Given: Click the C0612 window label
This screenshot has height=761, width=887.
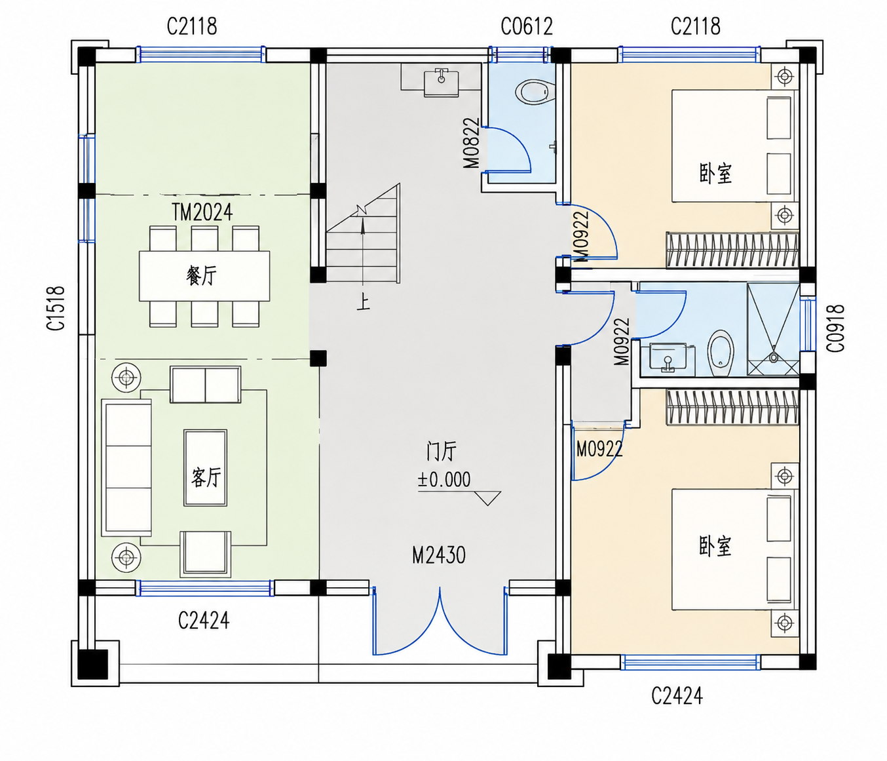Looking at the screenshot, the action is click(x=527, y=27).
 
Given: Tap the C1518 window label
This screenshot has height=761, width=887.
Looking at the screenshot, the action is click(x=56, y=308).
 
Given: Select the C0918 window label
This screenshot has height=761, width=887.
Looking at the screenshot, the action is click(x=835, y=328).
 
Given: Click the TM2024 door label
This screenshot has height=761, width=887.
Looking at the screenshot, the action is click(x=202, y=212).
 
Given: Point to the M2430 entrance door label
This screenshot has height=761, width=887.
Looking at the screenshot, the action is click(x=438, y=555).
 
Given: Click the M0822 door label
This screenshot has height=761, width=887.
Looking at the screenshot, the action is click(x=471, y=143).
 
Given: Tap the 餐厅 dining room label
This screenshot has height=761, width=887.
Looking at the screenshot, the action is click(x=201, y=275).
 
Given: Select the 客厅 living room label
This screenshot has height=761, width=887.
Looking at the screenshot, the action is click(x=206, y=477).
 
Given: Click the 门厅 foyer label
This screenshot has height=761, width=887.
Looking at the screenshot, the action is click(x=442, y=450).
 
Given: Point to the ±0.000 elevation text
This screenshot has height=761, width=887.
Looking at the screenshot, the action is click(x=444, y=480).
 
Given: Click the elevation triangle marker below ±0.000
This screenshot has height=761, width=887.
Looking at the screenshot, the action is click(x=487, y=498).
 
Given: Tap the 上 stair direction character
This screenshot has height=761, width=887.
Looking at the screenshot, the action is click(x=363, y=302).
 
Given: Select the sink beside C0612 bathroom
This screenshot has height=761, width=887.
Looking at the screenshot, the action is click(x=441, y=82).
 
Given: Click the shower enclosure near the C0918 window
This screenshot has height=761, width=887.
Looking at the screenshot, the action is click(x=773, y=330).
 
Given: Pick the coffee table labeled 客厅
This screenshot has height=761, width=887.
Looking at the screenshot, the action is click(x=206, y=468).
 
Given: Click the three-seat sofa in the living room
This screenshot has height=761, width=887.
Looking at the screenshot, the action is click(x=126, y=468).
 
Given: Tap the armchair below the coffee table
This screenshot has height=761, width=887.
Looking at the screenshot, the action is click(x=205, y=554).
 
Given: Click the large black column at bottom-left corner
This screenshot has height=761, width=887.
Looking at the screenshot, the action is click(x=92, y=664).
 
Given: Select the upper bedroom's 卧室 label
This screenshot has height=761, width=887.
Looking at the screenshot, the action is click(x=715, y=174).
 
